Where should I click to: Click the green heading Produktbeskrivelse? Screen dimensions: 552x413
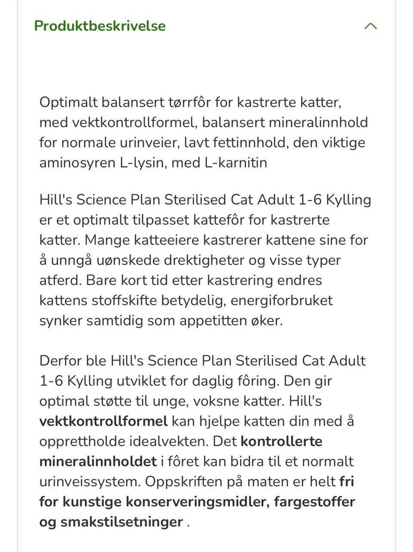[x=100, y=26]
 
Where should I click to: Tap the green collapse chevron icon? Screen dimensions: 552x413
[x=370, y=26]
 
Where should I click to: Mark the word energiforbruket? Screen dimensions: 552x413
[x=281, y=300]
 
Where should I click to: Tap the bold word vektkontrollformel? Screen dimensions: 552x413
[x=103, y=421]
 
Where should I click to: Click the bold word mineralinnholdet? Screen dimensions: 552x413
[x=98, y=462]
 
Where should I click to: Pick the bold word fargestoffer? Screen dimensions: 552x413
[x=314, y=502]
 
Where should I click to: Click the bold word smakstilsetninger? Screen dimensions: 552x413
[x=121, y=522]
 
